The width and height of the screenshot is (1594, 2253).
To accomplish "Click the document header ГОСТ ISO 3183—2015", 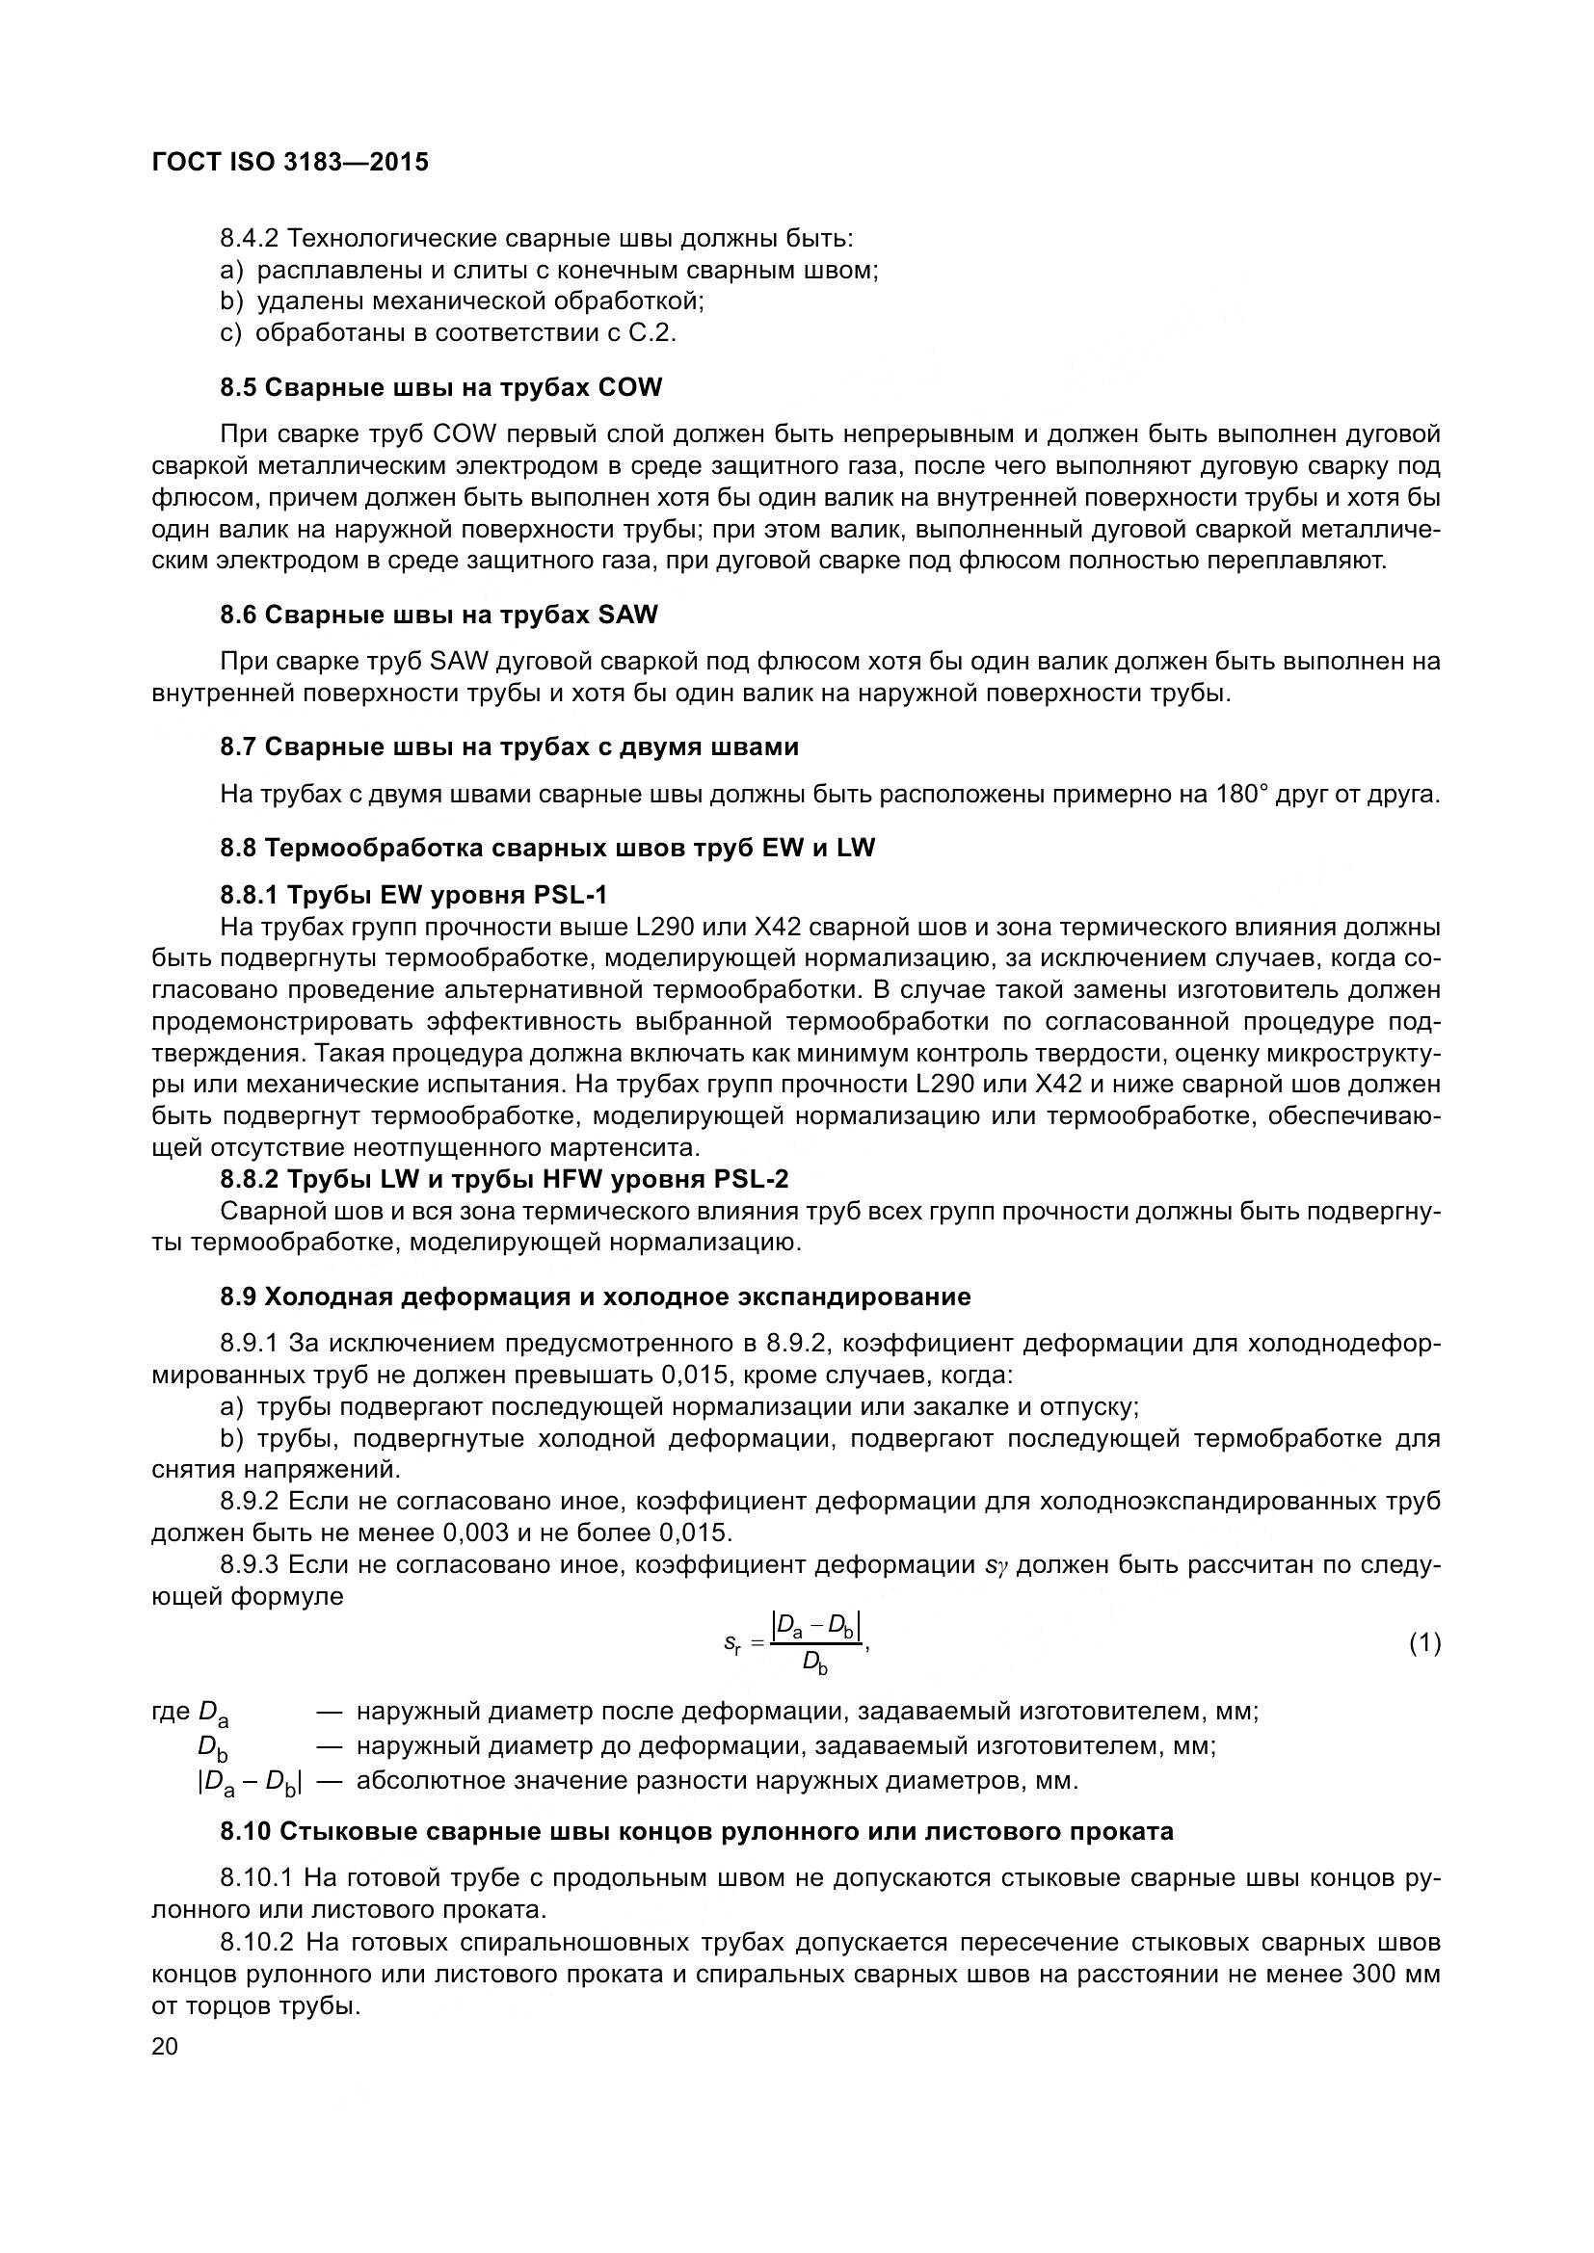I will click(290, 163).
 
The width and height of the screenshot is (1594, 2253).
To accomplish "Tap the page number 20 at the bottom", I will click(165, 2047).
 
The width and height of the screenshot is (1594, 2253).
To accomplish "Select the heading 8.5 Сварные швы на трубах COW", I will click(440, 387).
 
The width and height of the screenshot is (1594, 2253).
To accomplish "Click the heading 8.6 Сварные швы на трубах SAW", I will click(438, 616).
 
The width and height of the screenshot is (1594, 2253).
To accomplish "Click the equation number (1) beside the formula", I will click(1424, 1642).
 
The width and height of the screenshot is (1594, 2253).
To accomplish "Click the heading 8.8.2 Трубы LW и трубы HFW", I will click(503, 1180).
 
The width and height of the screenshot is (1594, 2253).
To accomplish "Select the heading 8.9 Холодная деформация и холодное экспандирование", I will click(595, 1297).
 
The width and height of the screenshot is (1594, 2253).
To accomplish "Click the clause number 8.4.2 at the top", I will click(251, 239).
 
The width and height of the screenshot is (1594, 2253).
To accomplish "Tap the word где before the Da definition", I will click(172, 1712).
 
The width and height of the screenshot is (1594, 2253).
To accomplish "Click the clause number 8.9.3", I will click(251, 1564).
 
